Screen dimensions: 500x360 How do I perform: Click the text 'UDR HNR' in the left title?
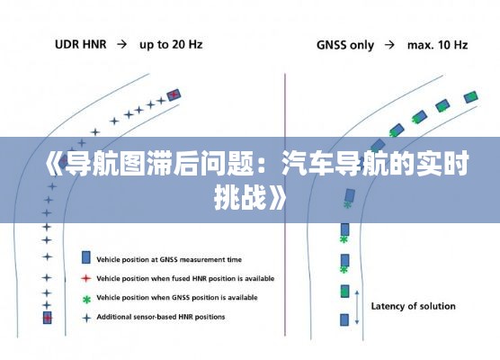(81, 44)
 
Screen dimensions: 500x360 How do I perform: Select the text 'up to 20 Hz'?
(171, 45)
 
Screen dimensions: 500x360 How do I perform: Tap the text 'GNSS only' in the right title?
(345, 45)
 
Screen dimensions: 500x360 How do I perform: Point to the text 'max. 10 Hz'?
(437, 45)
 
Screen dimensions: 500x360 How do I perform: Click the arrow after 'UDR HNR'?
(121, 44)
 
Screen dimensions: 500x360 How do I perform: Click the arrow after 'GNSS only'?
(389, 45)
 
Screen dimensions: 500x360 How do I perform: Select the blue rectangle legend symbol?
(85, 257)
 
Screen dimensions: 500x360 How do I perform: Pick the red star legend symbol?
(85, 279)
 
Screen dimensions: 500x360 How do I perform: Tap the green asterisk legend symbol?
(86, 300)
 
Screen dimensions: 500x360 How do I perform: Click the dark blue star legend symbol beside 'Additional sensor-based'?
(86, 318)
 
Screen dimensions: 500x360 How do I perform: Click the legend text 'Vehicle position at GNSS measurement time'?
(169, 259)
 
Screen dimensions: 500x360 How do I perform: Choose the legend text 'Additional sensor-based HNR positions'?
(161, 317)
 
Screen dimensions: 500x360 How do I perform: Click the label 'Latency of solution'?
(413, 306)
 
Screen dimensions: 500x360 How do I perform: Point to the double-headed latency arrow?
(357, 307)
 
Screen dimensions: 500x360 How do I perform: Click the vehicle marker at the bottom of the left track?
(47, 318)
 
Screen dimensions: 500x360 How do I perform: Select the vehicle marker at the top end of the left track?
(174, 94)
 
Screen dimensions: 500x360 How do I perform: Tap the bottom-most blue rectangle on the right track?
(344, 319)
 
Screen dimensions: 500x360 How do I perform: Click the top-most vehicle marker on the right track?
(470, 96)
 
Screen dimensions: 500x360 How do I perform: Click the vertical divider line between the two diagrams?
(285, 204)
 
